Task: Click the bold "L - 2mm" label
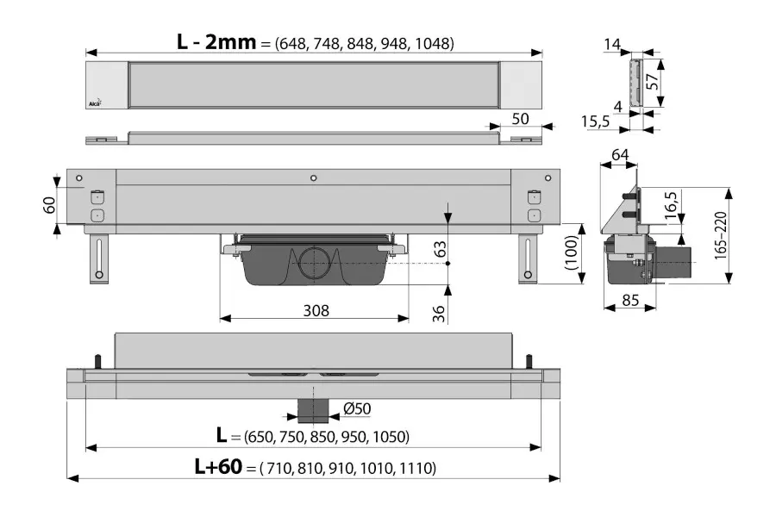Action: pos(216,42)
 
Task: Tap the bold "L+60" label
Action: pos(218,466)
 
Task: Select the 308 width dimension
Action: pos(316,311)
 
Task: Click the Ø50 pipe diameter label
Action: pos(357,408)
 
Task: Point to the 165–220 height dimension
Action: pos(720,235)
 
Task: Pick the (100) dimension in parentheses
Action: pos(571,252)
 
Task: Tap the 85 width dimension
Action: pos(630,301)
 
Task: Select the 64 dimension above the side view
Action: pos(620,155)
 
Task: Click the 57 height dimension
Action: pos(654,81)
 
